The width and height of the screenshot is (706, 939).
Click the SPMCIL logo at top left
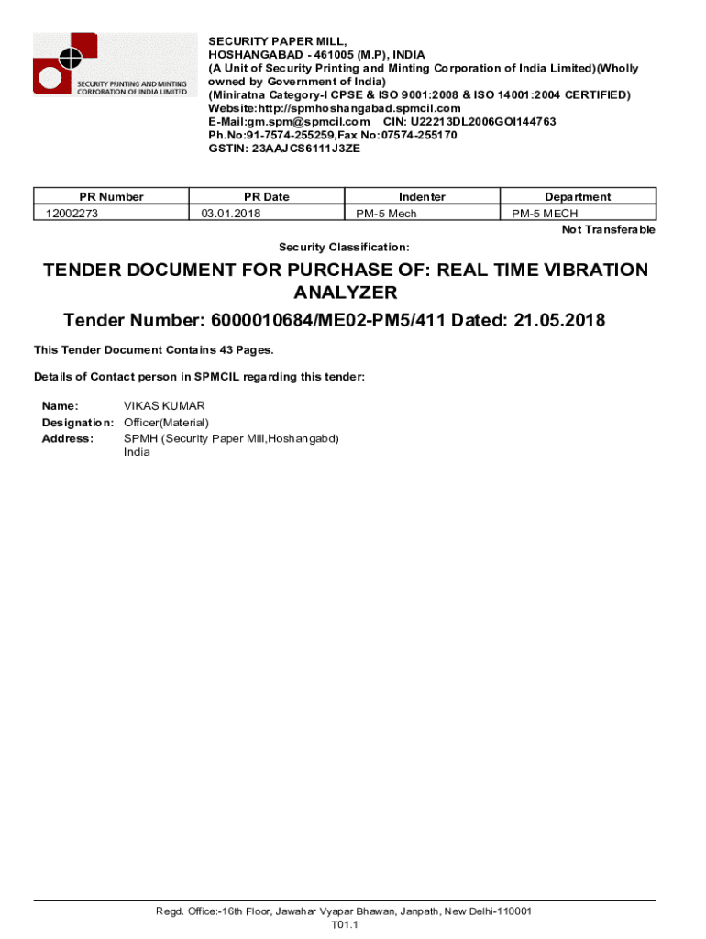(112, 63)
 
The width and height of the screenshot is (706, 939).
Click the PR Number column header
(111, 196)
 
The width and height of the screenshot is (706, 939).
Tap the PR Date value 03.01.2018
(231, 214)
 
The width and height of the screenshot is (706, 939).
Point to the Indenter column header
(422, 196)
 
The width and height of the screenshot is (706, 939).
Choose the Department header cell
(578, 196)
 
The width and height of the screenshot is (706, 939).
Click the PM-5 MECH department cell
(545, 214)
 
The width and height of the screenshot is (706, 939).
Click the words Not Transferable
(608, 229)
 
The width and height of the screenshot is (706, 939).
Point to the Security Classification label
(344, 248)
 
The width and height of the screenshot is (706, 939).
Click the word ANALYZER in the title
(345, 293)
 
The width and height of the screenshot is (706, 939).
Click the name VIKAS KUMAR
(164, 405)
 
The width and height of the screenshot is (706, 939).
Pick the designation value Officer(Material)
(166, 422)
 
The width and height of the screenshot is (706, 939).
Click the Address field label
(68, 438)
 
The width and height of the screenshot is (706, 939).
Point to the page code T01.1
(344, 925)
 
